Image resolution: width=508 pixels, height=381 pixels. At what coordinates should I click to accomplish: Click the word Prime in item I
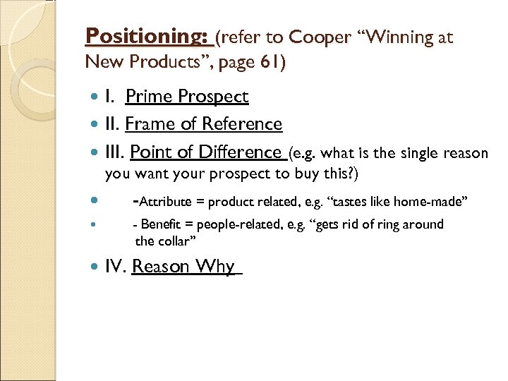[x=150, y=97]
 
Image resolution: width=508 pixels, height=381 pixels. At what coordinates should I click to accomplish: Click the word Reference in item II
[x=242, y=124]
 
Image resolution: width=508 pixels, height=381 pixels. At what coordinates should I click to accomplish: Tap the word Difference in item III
[x=241, y=152]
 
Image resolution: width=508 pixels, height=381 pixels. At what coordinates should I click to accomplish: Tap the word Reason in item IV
[x=162, y=267]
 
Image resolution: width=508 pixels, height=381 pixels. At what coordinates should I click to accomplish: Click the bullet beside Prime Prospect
[x=96, y=97]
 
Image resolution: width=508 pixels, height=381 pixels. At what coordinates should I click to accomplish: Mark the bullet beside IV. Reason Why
[x=96, y=267]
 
